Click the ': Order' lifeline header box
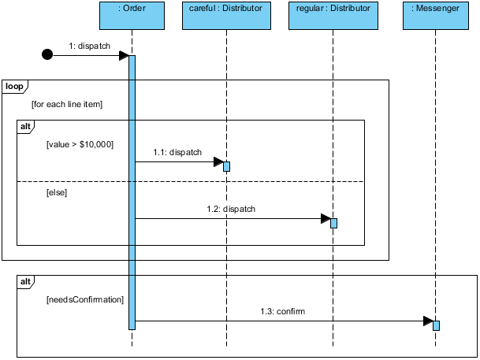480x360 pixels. pos(132,13)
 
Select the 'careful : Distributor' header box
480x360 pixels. pos(226,13)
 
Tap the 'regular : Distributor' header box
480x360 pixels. pos(333,13)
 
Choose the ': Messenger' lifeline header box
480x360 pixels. pos(435,13)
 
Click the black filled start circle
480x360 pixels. pos(47,55)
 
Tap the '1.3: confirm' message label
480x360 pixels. pos(282,311)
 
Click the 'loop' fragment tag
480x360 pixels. pos(13,86)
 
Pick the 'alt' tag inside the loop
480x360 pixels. pos(25,126)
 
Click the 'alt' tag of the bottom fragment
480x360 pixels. pos(25,281)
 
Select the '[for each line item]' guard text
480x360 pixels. pos(67,104)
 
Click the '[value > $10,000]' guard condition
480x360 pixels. pos(80,144)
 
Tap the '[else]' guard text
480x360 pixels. pos(57,192)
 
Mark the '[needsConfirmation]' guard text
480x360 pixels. pos(84,299)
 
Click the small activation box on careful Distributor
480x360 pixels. pos(226,166)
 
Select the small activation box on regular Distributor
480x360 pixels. pos(333,223)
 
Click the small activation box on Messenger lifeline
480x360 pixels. pos(436,325)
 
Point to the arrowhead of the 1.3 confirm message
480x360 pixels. pos(428,321)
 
